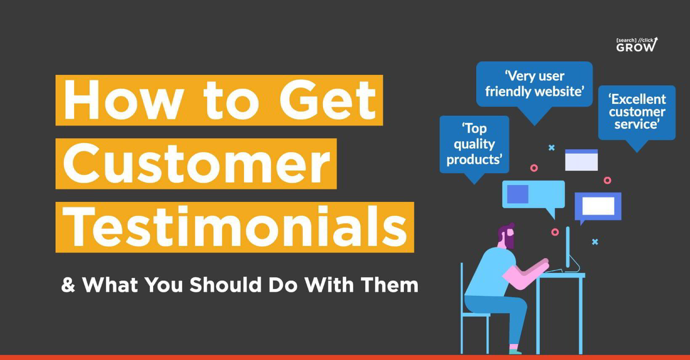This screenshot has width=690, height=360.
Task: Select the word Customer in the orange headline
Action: coord(196,164)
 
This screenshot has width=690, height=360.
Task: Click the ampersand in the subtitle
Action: coord(68,285)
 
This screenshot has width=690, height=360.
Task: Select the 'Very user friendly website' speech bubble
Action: coord(534,84)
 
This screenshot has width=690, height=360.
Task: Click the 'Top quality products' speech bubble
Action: coord(474,144)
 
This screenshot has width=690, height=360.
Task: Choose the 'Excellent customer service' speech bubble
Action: coord(637,112)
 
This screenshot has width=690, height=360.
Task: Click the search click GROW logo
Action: coord(637,45)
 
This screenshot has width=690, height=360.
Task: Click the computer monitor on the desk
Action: coord(568,248)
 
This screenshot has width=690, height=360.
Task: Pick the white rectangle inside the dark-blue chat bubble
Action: coord(598,206)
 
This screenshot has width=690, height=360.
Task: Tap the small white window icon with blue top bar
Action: coord(581,160)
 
